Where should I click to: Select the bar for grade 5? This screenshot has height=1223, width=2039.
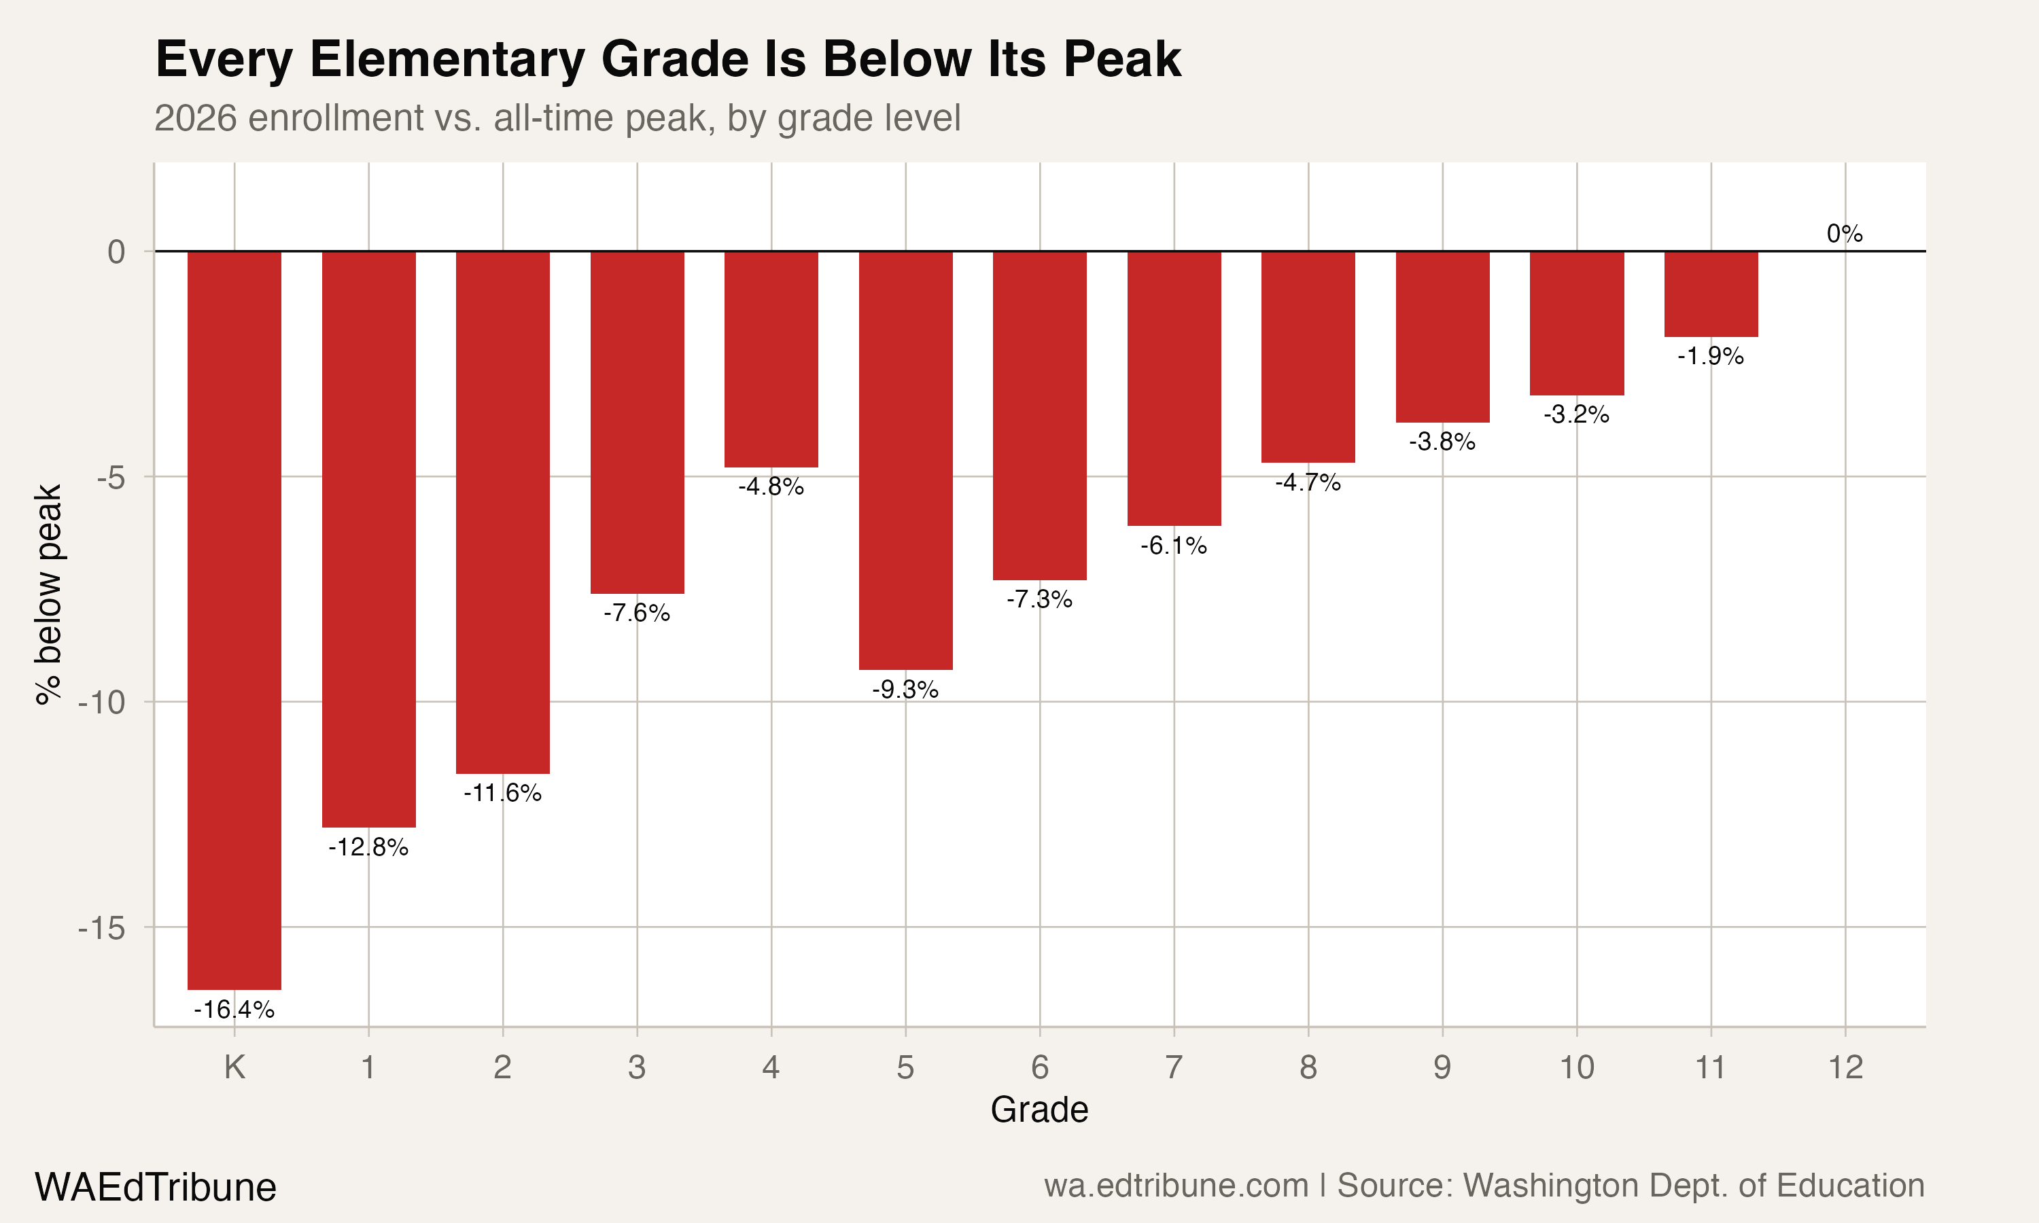[905, 460]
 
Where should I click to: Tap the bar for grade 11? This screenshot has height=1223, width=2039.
[1711, 294]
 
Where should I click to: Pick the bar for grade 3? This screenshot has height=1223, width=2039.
[637, 422]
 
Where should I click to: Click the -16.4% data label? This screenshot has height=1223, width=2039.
[234, 1010]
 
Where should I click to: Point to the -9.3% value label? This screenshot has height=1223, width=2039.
[905, 690]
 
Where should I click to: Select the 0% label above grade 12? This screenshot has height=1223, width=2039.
[1845, 234]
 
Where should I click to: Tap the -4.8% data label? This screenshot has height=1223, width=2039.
[771, 487]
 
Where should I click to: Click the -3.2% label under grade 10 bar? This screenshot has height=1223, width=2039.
[1576, 414]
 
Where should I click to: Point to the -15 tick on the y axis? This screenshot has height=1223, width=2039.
[101, 928]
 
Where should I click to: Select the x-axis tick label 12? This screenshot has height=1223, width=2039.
[1845, 1068]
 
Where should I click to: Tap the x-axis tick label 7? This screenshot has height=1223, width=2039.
[1174, 1068]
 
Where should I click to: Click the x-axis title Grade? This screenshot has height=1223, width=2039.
[1039, 1110]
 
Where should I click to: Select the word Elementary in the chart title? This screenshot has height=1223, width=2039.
[446, 59]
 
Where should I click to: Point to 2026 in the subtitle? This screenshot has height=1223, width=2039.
[196, 118]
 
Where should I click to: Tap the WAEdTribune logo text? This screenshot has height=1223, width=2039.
[155, 1188]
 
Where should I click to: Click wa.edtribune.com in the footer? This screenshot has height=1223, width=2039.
[1175, 1186]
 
